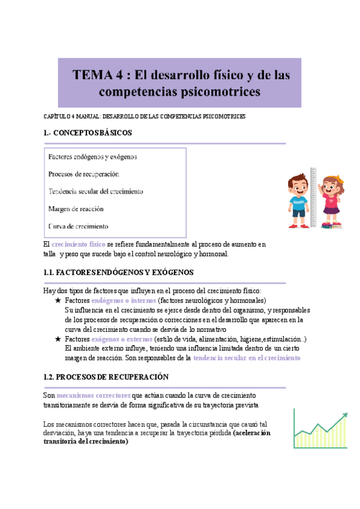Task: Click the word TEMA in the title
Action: (94, 75)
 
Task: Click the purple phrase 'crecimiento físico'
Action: (79, 245)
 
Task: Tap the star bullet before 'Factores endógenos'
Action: (58, 300)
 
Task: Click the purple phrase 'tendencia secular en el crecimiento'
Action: (246, 358)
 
